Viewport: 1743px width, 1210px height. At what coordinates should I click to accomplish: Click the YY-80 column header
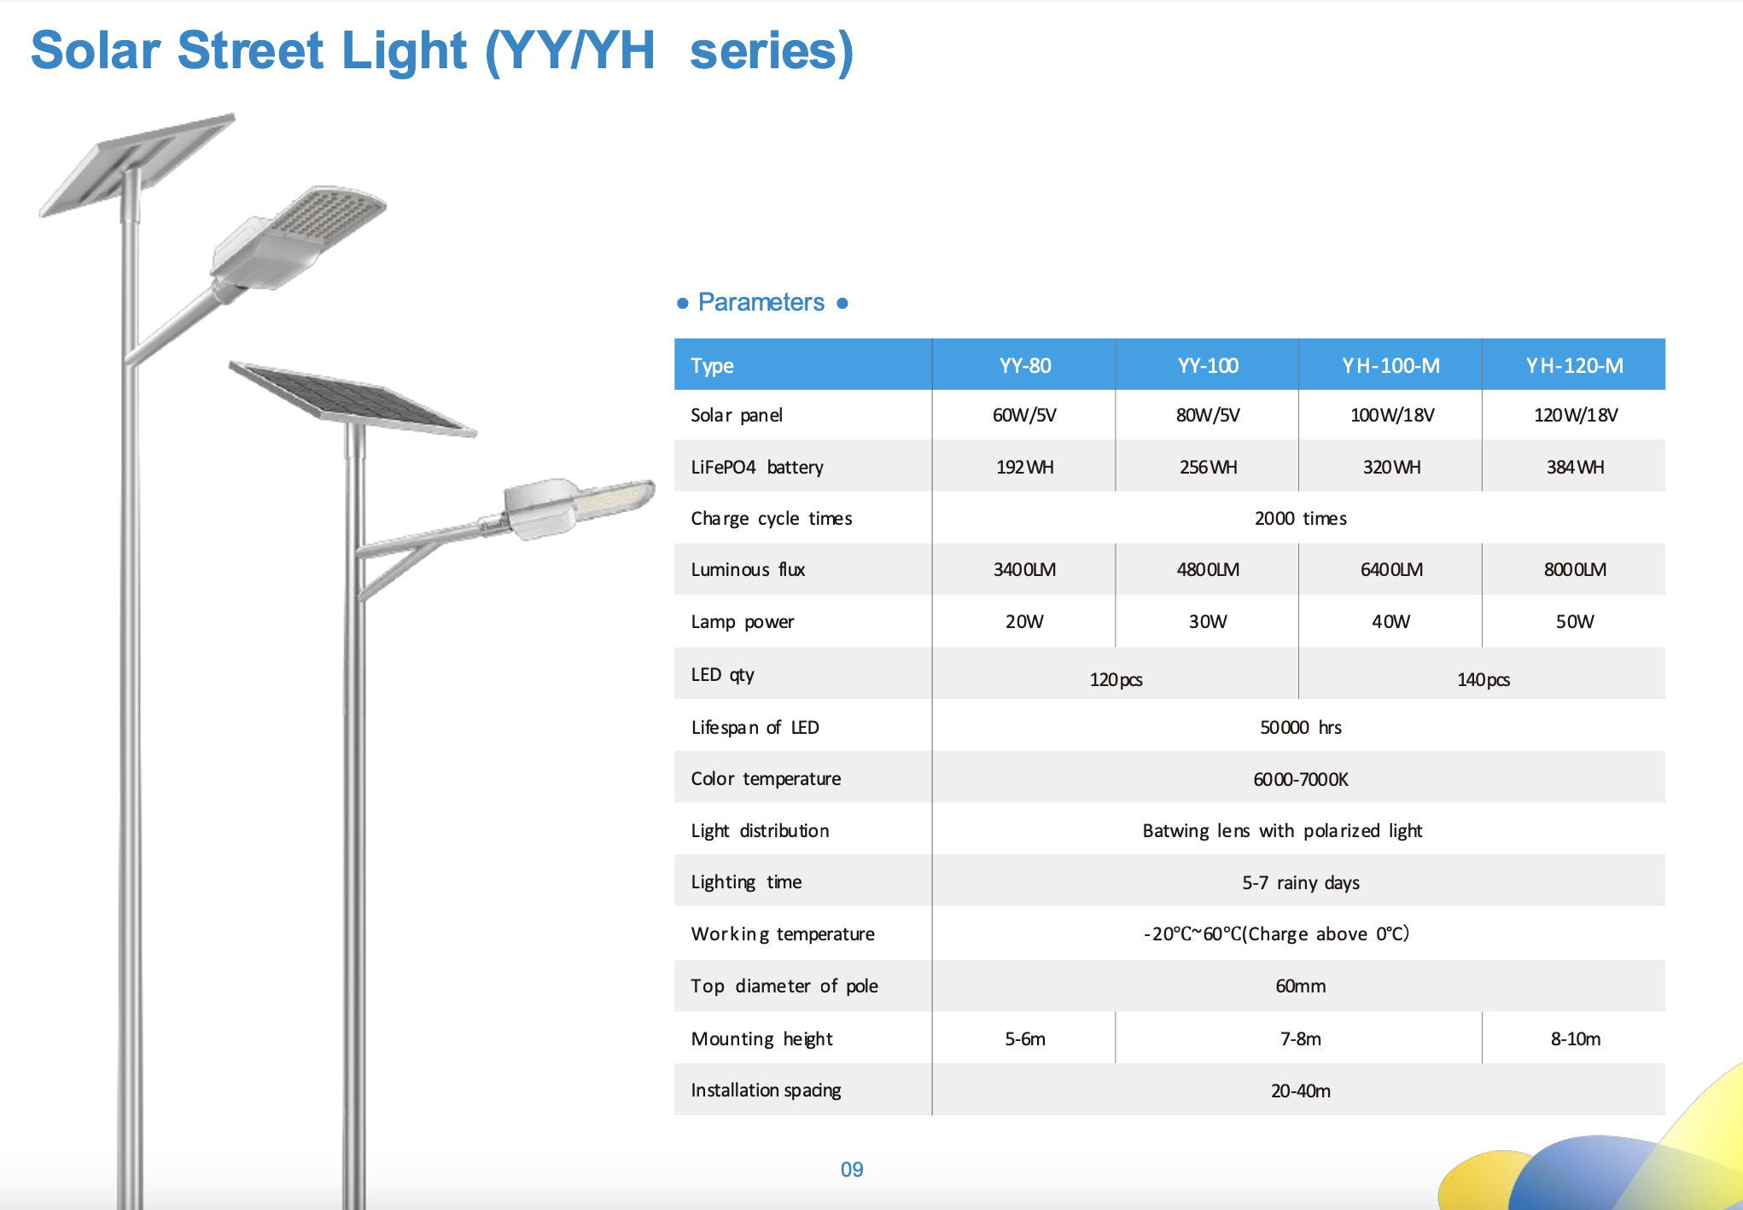pyautogui.click(x=1024, y=366)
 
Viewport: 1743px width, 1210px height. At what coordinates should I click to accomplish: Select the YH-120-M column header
pyautogui.click(x=1575, y=366)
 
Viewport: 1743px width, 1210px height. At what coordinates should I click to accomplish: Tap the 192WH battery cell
pyautogui.click(x=1024, y=468)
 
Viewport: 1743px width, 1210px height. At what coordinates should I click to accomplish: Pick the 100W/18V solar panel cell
pyautogui.click(x=1391, y=416)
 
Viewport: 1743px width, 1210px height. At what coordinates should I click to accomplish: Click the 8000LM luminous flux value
pyautogui.click(x=1575, y=569)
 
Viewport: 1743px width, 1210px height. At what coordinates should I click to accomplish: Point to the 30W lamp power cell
pyautogui.click(x=1208, y=621)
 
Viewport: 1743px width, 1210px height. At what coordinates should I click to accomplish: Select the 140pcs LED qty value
pyautogui.click(x=1484, y=680)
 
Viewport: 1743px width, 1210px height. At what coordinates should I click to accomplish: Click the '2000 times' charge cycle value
pyautogui.click(x=1300, y=519)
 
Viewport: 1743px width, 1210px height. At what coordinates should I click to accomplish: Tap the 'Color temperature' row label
pyautogui.click(x=766, y=779)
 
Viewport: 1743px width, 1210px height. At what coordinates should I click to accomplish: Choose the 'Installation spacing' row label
pyautogui.click(x=766, y=1091)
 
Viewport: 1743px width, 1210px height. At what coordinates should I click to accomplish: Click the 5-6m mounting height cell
pyautogui.click(x=1024, y=1039)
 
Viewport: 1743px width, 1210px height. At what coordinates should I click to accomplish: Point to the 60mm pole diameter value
pyautogui.click(x=1300, y=986)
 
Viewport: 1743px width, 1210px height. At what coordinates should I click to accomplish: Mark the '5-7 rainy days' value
pyautogui.click(x=1300, y=883)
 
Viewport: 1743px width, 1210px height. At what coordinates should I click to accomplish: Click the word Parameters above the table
pyautogui.click(x=761, y=302)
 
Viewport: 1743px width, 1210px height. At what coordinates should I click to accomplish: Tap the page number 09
pyautogui.click(x=852, y=1170)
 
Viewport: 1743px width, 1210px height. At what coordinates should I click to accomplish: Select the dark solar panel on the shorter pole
pyautogui.click(x=352, y=398)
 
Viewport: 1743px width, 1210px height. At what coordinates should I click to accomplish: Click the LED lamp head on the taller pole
pyautogui.click(x=299, y=237)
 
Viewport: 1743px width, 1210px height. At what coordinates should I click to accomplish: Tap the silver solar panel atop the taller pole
pyautogui.click(x=137, y=165)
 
